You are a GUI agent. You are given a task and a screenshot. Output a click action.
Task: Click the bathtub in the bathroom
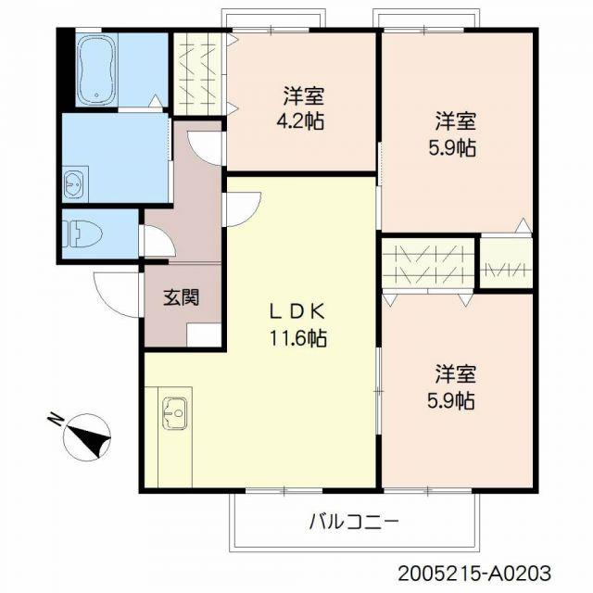click(96, 69)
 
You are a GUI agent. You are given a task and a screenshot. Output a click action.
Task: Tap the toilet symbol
click(82, 233)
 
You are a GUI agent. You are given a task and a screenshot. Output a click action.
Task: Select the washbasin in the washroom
click(73, 184)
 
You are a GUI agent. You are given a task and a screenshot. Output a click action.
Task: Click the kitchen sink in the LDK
click(174, 413)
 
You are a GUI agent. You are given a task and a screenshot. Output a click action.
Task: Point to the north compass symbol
click(87, 437)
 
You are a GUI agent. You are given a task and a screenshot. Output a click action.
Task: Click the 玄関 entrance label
click(182, 296)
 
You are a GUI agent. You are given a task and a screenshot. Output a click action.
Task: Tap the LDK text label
click(297, 312)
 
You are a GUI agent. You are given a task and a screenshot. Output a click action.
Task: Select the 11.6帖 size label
click(298, 337)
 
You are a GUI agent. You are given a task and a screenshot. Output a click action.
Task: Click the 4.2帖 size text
click(300, 121)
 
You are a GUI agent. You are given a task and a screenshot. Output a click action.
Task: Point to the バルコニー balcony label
click(354, 523)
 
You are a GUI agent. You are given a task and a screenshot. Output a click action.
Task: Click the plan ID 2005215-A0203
click(474, 574)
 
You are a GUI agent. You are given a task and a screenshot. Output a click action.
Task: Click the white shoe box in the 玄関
click(204, 335)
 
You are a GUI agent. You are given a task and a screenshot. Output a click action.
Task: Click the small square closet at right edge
click(506, 263)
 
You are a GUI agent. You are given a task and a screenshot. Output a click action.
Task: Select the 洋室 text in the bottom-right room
click(455, 373)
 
